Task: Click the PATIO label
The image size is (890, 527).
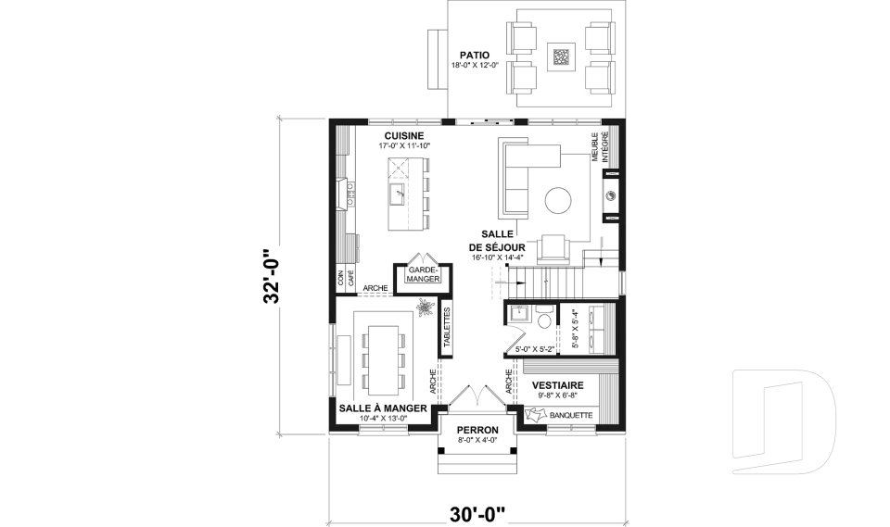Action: [475, 55]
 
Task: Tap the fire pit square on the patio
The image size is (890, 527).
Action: [562, 56]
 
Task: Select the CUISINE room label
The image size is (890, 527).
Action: [404, 135]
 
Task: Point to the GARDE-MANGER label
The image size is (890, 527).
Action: [424, 276]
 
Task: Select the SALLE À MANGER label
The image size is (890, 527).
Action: [383, 408]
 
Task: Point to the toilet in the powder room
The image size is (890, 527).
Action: [543, 320]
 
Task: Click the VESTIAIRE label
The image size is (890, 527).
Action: [558, 385]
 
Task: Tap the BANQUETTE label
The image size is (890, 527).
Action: [571, 415]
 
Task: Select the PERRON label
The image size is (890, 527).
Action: [477, 430]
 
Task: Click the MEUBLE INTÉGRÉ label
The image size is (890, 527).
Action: [600, 147]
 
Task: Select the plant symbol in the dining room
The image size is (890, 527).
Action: [424, 307]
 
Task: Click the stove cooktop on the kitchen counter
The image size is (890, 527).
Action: [351, 194]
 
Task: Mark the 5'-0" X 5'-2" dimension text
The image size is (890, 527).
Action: [534, 349]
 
